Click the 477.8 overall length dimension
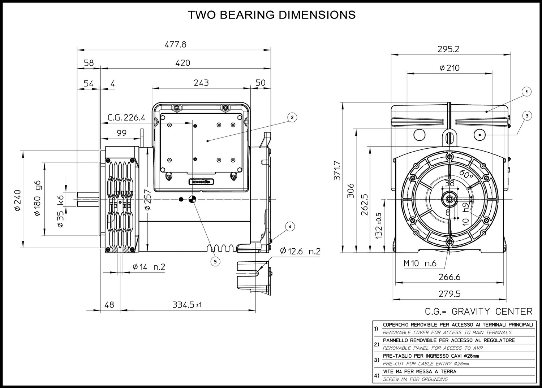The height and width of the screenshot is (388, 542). click(175, 44)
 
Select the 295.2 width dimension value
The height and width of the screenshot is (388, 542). click(448, 49)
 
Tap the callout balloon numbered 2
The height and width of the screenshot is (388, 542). click(292, 118)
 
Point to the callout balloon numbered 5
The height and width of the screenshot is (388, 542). click(215, 261)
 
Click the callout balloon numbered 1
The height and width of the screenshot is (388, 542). click(526, 92)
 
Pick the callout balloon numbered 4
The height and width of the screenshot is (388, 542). click(290, 227)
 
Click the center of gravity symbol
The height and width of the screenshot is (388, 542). click(192, 199)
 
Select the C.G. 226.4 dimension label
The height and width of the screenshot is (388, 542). click(126, 118)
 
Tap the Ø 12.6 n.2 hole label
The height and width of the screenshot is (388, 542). click(300, 252)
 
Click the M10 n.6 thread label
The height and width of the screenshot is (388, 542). click(420, 263)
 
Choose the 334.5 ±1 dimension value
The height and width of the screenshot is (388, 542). click(187, 305)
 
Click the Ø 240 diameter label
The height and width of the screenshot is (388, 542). click(18, 200)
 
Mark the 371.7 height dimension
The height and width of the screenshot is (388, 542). click(337, 171)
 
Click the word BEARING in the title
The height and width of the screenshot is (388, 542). click(247, 15)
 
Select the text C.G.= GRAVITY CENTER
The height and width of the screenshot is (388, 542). click(479, 311)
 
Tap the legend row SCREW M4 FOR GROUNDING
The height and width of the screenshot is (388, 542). click(415, 379)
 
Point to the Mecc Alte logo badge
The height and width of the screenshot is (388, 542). click(201, 181)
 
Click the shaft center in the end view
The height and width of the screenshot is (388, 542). click(449, 199)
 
